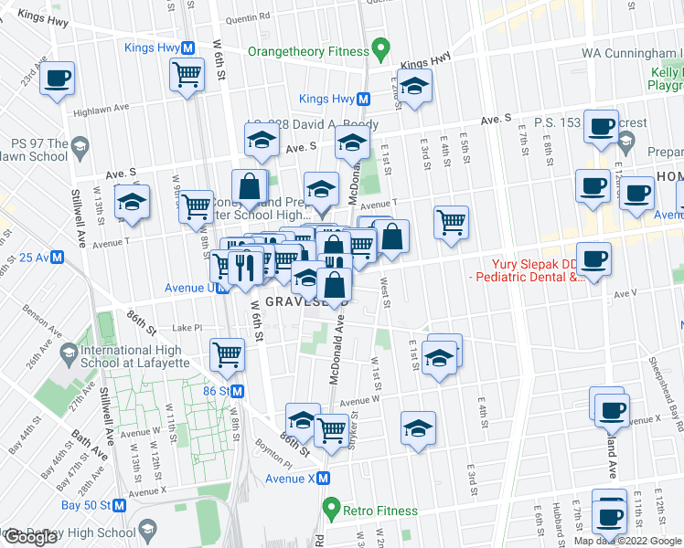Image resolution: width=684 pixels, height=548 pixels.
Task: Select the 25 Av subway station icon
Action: point(56,258)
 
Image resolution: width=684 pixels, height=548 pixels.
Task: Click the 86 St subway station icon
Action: point(237,391)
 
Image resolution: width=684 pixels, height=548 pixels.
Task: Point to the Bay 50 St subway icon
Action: point(119,505)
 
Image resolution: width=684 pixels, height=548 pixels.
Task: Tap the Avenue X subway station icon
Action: point(324,478)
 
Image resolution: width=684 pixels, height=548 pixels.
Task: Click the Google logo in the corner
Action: point(29,537)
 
